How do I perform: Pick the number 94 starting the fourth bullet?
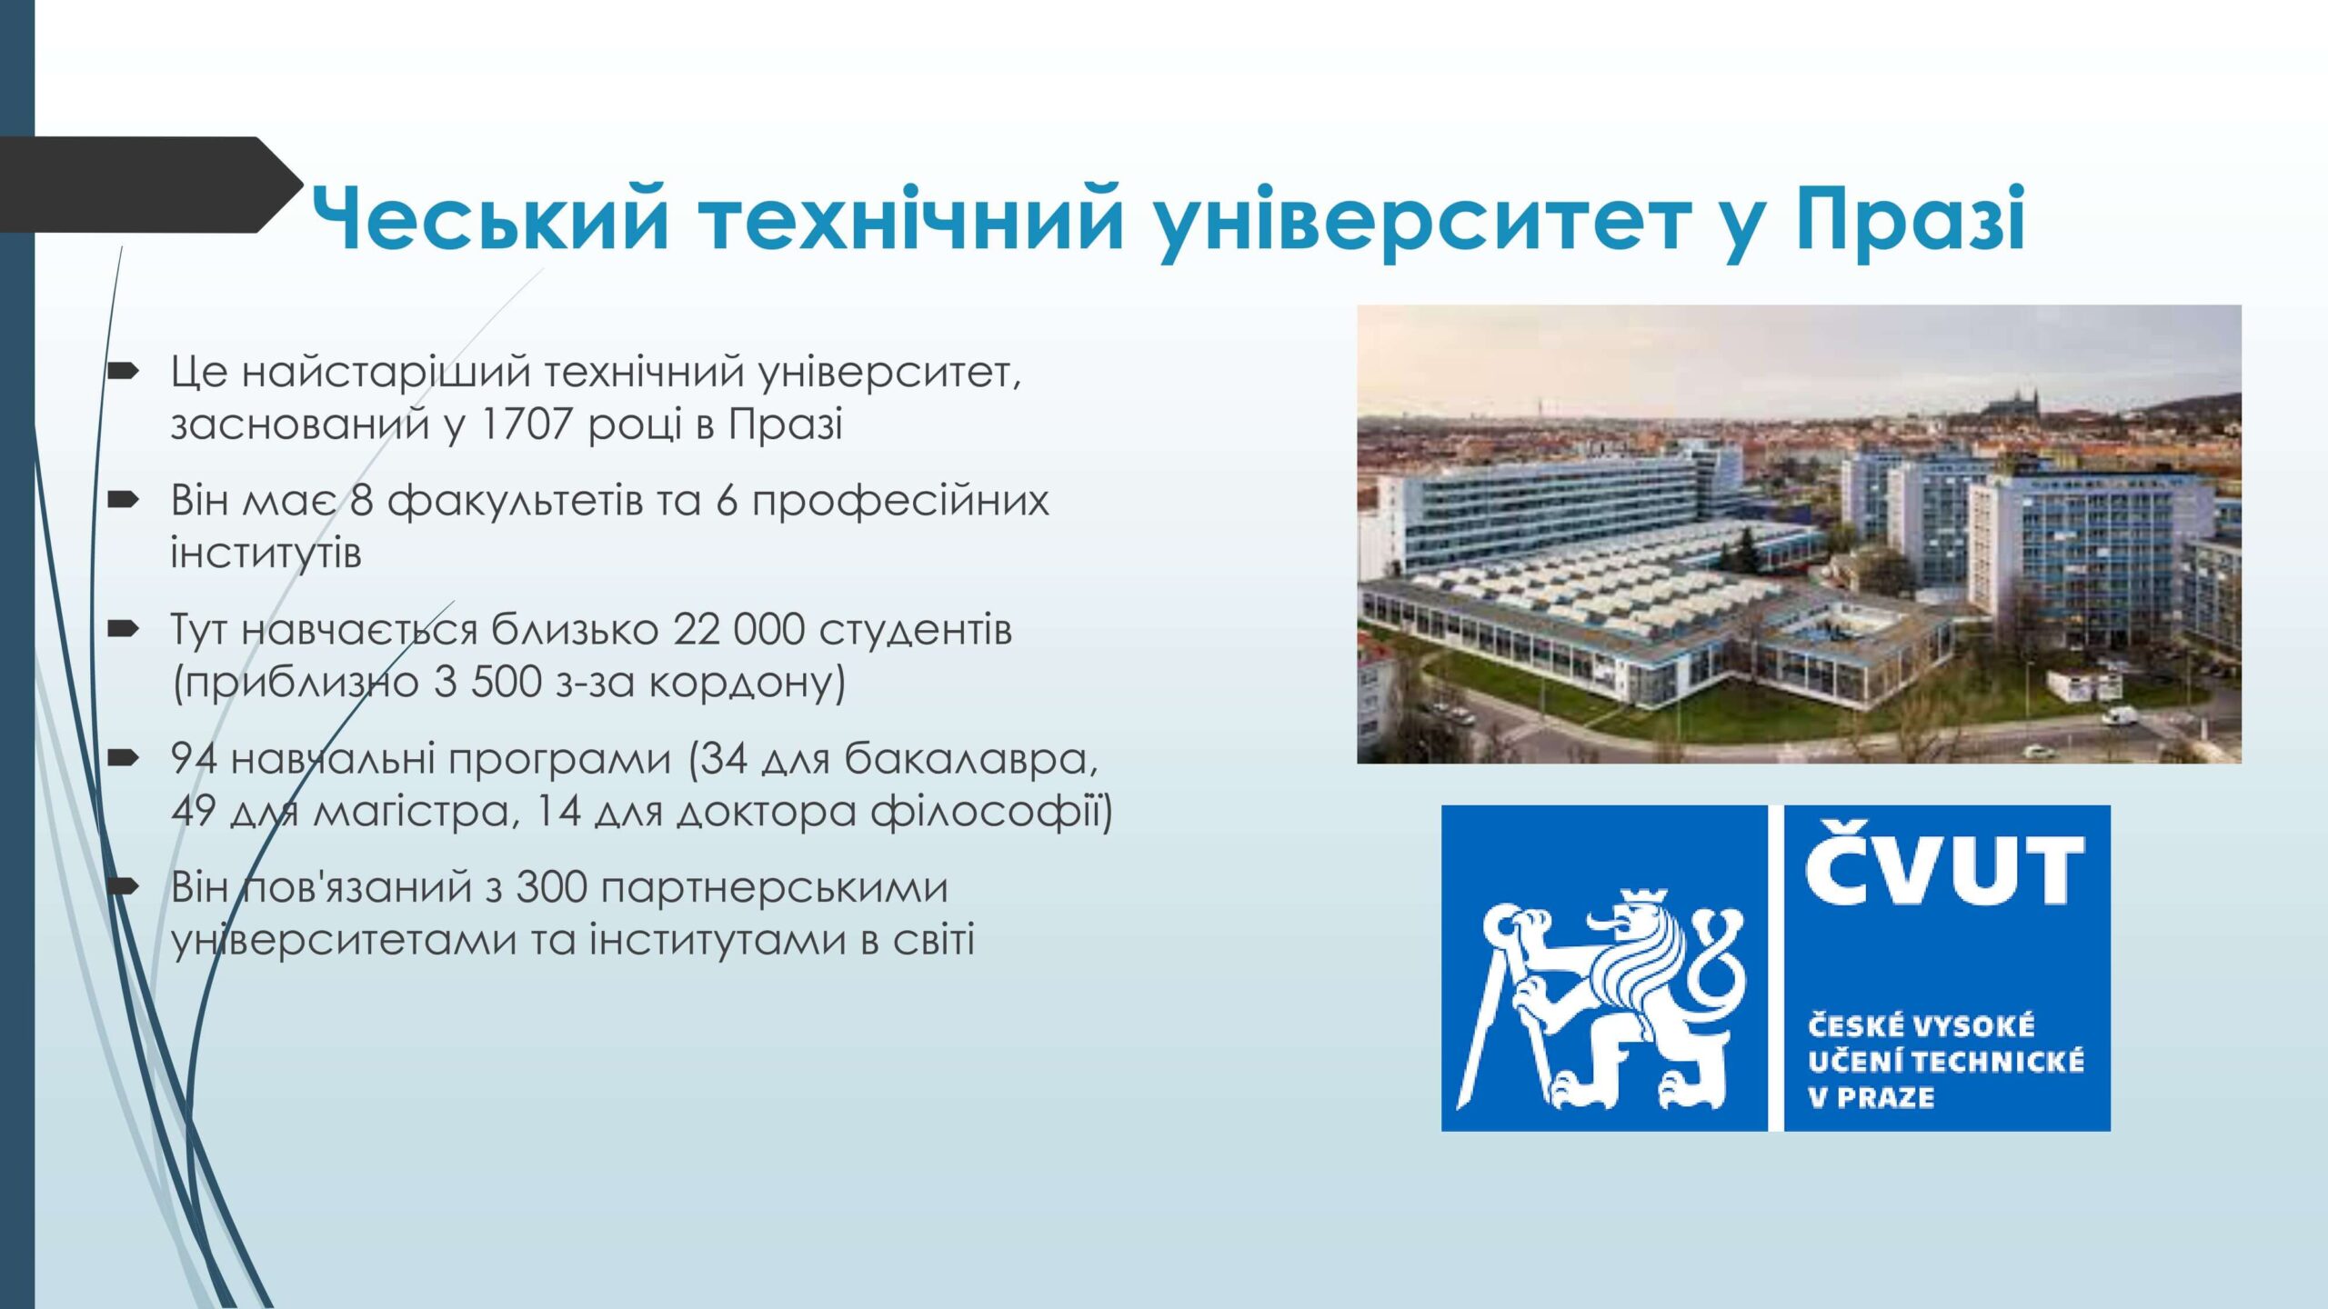pyautogui.click(x=194, y=758)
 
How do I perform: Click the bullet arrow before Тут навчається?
pyautogui.click(x=122, y=628)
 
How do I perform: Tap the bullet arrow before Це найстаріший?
pyautogui.click(x=122, y=371)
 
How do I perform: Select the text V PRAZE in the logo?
pyautogui.click(x=1871, y=1097)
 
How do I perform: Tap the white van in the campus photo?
pyautogui.click(x=2120, y=716)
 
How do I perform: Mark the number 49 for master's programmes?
pyautogui.click(x=194, y=810)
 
